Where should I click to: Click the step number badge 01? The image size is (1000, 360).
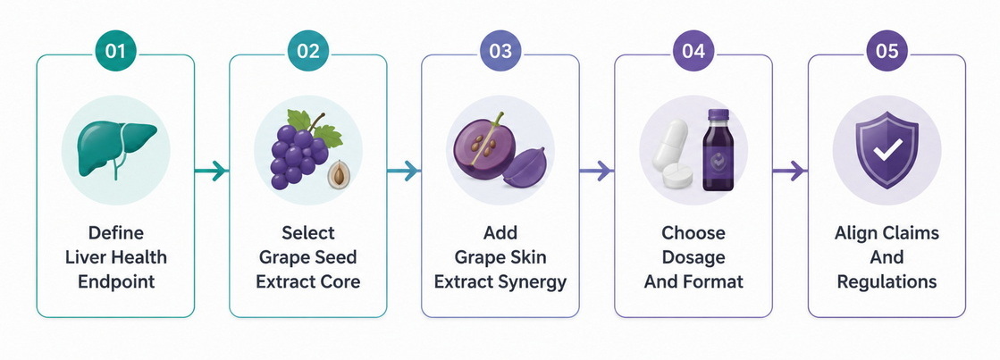pyautogui.click(x=115, y=51)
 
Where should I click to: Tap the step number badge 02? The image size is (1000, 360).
pyautogui.click(x=308, y=51)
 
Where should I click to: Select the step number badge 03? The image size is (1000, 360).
pyautogui.click(x=500, y=51)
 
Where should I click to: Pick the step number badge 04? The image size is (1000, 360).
pyautogui.click(x=693, y=51)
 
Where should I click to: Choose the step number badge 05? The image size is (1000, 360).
pyautogui.click(x=887, y=51)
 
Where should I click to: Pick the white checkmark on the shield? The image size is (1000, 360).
pyautogui.click(x=887, y=150)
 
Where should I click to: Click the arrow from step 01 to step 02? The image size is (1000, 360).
pyautogui.click(x=211, y=171)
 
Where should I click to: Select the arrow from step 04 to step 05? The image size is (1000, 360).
pyautogui.click(x=789, y=171)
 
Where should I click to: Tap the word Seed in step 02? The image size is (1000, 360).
pyautogui.click(x=335, y=257)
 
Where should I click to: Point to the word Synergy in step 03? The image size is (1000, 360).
pyautogui.click(x=531, y=281)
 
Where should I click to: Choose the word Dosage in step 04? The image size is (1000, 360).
pyautogui.click(x=693, y=257)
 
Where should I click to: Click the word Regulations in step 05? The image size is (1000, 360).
pyautogui.click(x=887, y=281)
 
